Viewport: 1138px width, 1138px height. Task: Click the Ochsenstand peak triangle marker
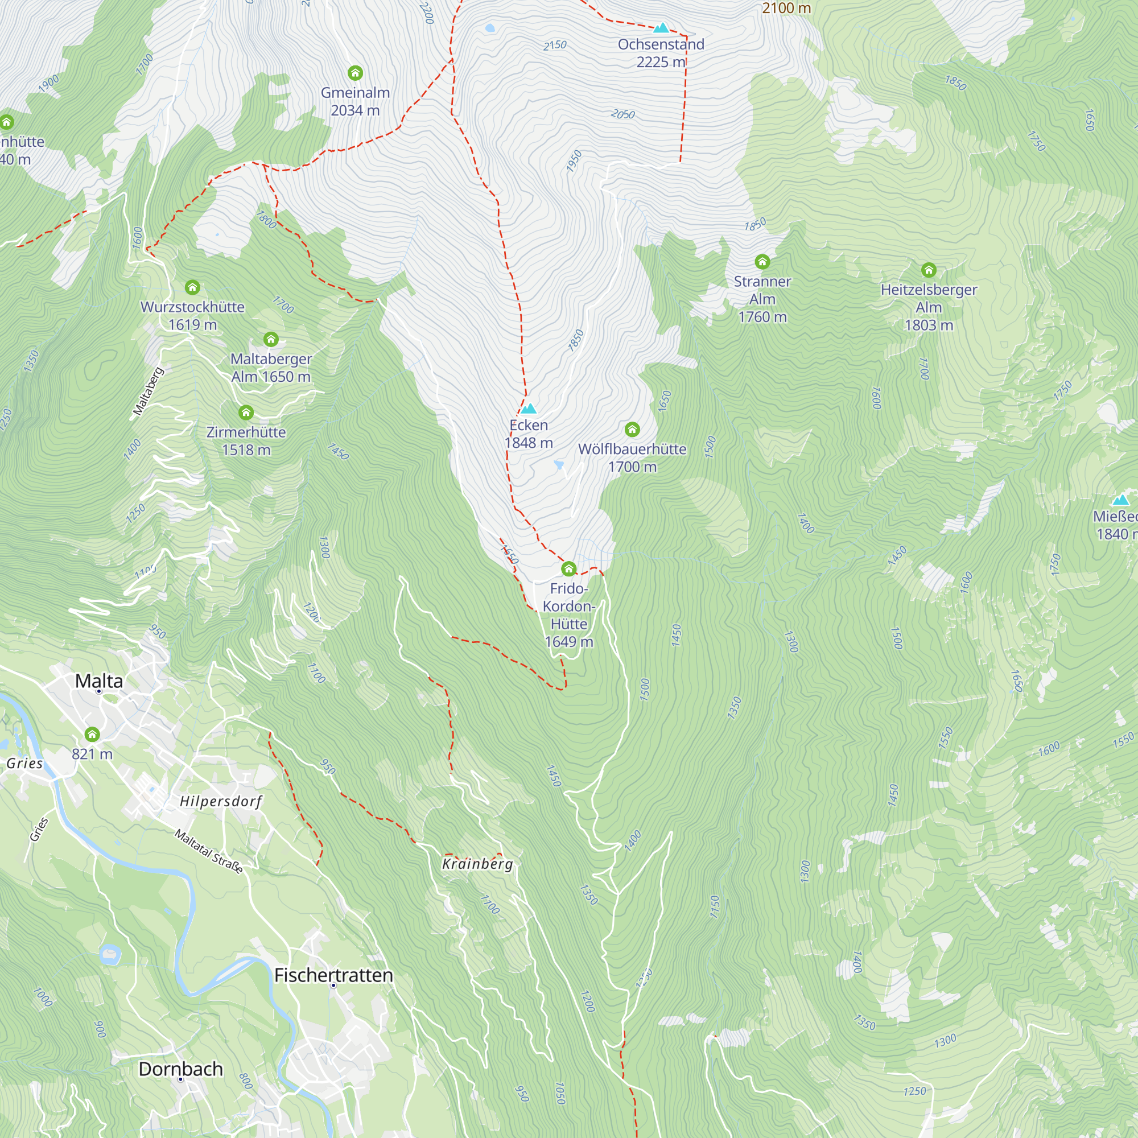[x=662, y=28]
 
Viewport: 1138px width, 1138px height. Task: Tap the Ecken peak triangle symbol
[x=529, y=409]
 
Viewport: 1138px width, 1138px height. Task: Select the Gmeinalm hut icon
[x=355, y=73]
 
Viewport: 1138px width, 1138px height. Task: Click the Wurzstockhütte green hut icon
[x=193, y=287]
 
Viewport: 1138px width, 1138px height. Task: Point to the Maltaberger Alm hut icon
[x=271, y=339]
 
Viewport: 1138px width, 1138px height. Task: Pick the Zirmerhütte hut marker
[x=246, y=413]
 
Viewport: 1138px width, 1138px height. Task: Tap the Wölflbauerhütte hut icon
[x=632, y=430]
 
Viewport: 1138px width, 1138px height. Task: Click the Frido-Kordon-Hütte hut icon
[x=568, y=569]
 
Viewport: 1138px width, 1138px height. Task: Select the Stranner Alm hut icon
[x=762, y=262]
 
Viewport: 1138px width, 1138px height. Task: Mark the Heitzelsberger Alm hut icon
[x=929, y=270]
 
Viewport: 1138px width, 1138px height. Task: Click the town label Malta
[x=99, y=681]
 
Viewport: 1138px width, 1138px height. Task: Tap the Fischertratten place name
[x=333, y=975]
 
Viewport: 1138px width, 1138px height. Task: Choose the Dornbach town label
[x=180, y=1069]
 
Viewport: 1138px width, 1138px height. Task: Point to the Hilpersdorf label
[x=221, y=801]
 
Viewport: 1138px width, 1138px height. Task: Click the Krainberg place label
[x=478, y=864]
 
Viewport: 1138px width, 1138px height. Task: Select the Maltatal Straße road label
[x=209, y=851]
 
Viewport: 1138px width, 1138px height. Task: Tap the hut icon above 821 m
[x=92, y=735]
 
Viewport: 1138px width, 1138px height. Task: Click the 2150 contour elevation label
[x=554, y=46]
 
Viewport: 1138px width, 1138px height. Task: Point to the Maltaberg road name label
[x=148, y=391]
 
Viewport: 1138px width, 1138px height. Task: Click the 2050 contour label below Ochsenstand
[x=622, y=114]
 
